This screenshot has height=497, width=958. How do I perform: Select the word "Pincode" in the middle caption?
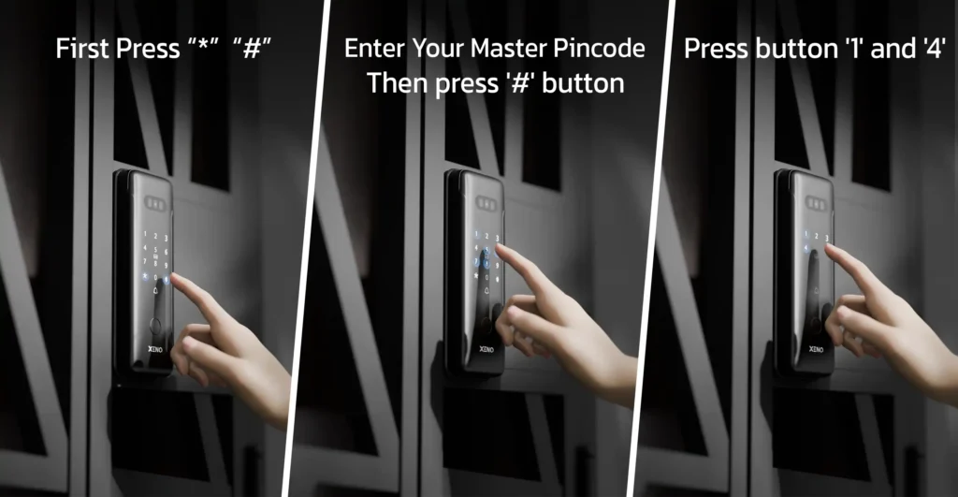[600, 49]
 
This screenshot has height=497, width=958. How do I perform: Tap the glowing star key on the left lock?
[145, 276]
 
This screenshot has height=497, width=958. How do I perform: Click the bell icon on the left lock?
[156, 291]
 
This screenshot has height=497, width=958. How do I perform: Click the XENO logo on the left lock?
[155, 350]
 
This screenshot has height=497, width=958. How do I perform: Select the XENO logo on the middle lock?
[486, 349]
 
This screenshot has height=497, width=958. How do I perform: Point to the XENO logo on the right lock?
[816, 349]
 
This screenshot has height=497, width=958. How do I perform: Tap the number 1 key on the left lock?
[145, 233]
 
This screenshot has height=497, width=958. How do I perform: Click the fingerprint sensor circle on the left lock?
[156, 325]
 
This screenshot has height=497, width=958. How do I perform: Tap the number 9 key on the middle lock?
[497, 266]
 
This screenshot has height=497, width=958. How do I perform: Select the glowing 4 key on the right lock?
[806, 249]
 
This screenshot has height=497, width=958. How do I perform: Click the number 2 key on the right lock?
[816, 236]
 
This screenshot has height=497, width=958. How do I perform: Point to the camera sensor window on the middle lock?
[486, 202]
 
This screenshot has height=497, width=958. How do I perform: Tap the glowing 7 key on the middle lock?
[476, 262]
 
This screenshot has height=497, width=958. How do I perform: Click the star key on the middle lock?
[476, 276]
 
